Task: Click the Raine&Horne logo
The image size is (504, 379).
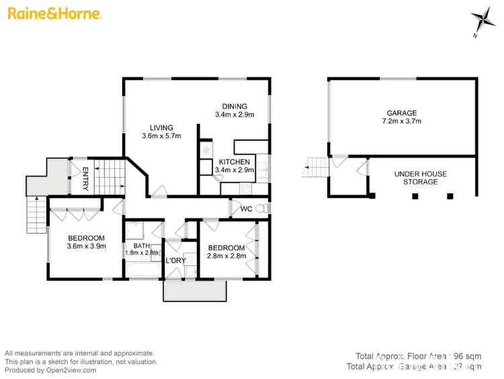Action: pos(54,13)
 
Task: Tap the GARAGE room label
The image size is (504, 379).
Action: pos(401,113)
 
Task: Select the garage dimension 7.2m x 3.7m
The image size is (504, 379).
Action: pos(401,122)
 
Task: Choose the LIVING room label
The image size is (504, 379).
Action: pos(161,127)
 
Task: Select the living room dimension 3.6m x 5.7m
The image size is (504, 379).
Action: pos(161,136)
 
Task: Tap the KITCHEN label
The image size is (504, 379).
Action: pos(235,162)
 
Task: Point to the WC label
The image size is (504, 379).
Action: pos(246,209)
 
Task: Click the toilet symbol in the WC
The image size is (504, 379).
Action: pos(265,209)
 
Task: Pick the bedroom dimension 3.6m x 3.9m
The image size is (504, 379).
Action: pos(86,247)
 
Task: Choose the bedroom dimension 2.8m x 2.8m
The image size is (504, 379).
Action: pos(226,256)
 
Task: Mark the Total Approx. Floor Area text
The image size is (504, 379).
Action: pos(417,355)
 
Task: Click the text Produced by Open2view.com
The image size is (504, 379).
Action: pos(50,370)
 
